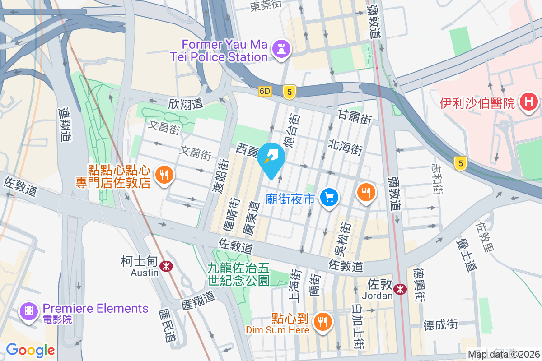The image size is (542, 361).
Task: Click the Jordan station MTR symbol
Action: click(400, 289)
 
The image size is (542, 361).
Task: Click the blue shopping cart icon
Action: click(329, 198)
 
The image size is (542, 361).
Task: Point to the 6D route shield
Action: click(265, 91)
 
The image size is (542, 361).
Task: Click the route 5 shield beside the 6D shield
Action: click(290, 92)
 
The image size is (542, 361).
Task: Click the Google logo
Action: click(30, 350)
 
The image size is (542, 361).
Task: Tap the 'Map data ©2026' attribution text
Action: click(504, 354)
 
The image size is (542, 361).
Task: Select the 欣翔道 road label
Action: click(185, 104)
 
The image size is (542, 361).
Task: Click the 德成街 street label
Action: click(440, 324)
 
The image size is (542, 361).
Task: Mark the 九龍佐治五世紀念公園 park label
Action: click(238, 274)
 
